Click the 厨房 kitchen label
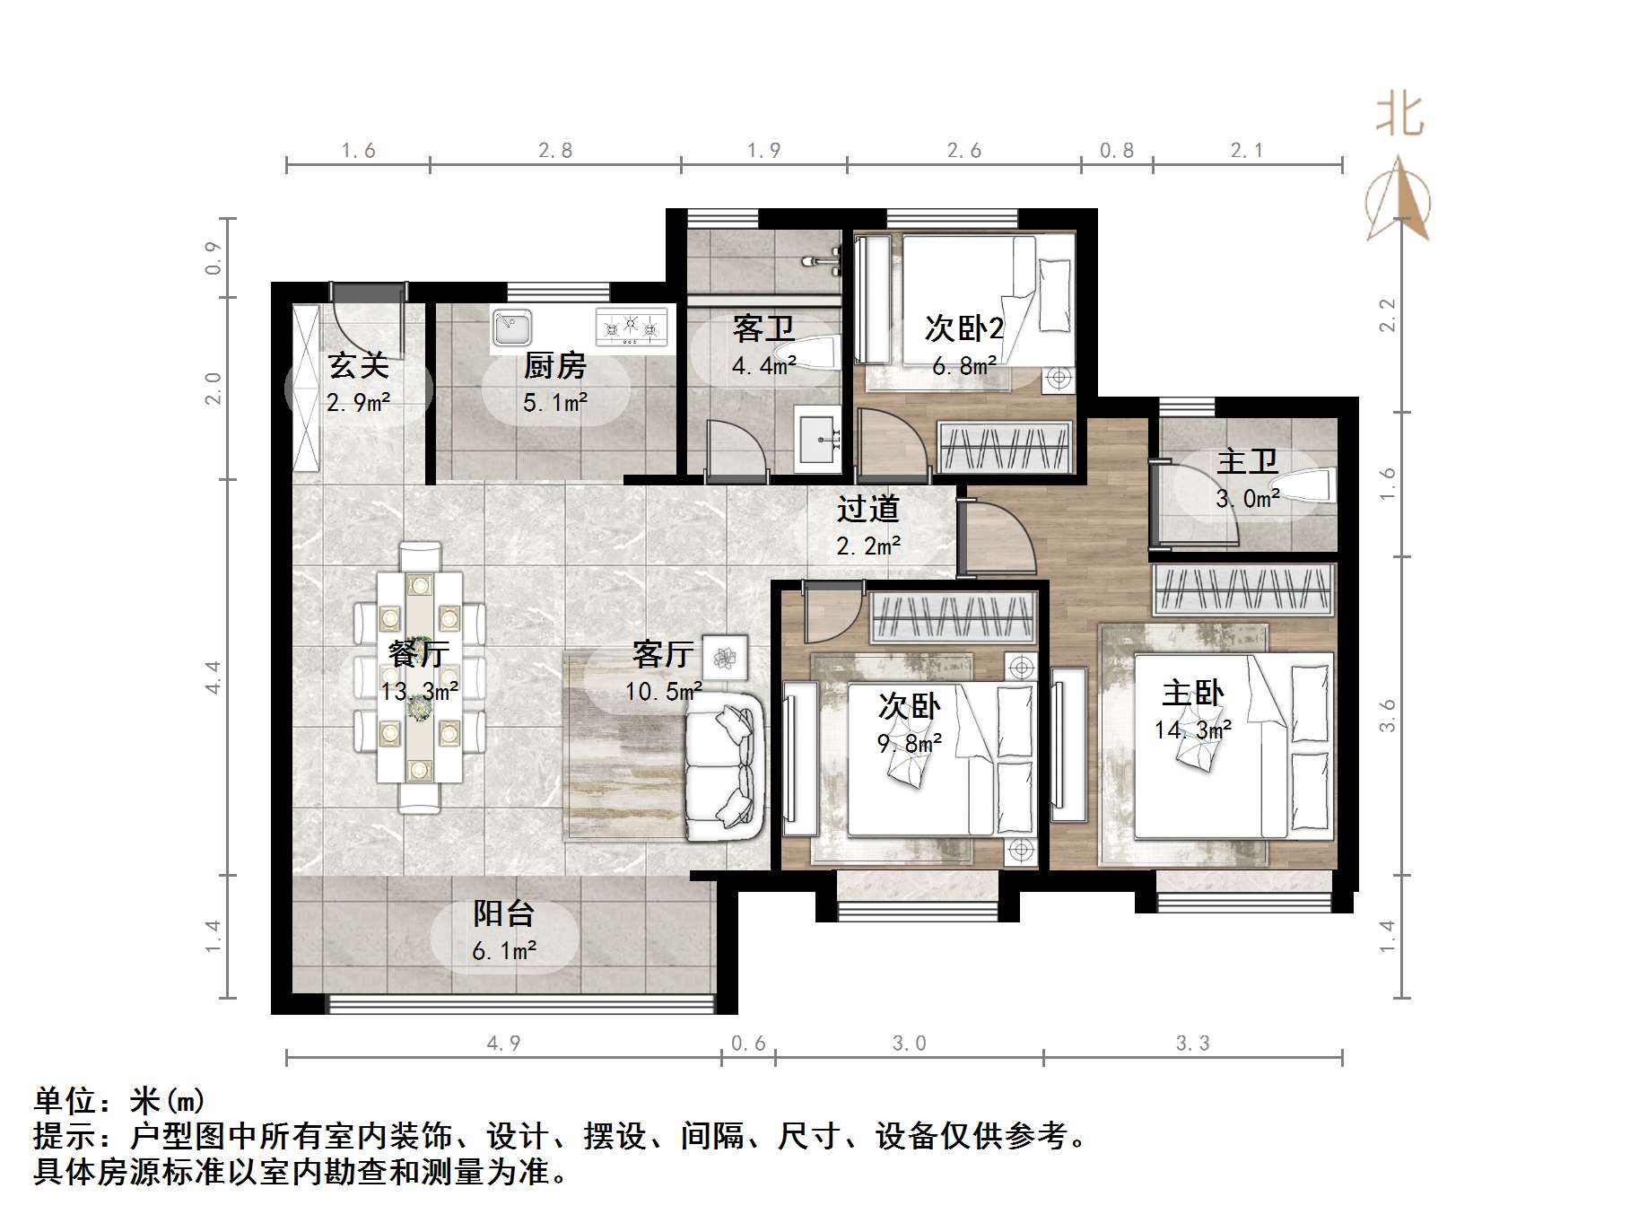(x=554, y=366)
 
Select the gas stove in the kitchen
(x=632, y=328)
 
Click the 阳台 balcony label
(x=504, y=913)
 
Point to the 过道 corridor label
(x=867, y=509)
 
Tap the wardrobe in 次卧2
(x=1005, y=446)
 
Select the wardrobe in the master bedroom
(x=1242, y=589)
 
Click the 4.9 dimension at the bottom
(x=503, y=1043)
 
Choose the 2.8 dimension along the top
(x=555, y=151)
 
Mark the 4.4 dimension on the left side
(x=213, y=677)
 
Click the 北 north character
(x=1399, y=115)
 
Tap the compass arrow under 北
(x=1399, y=202)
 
